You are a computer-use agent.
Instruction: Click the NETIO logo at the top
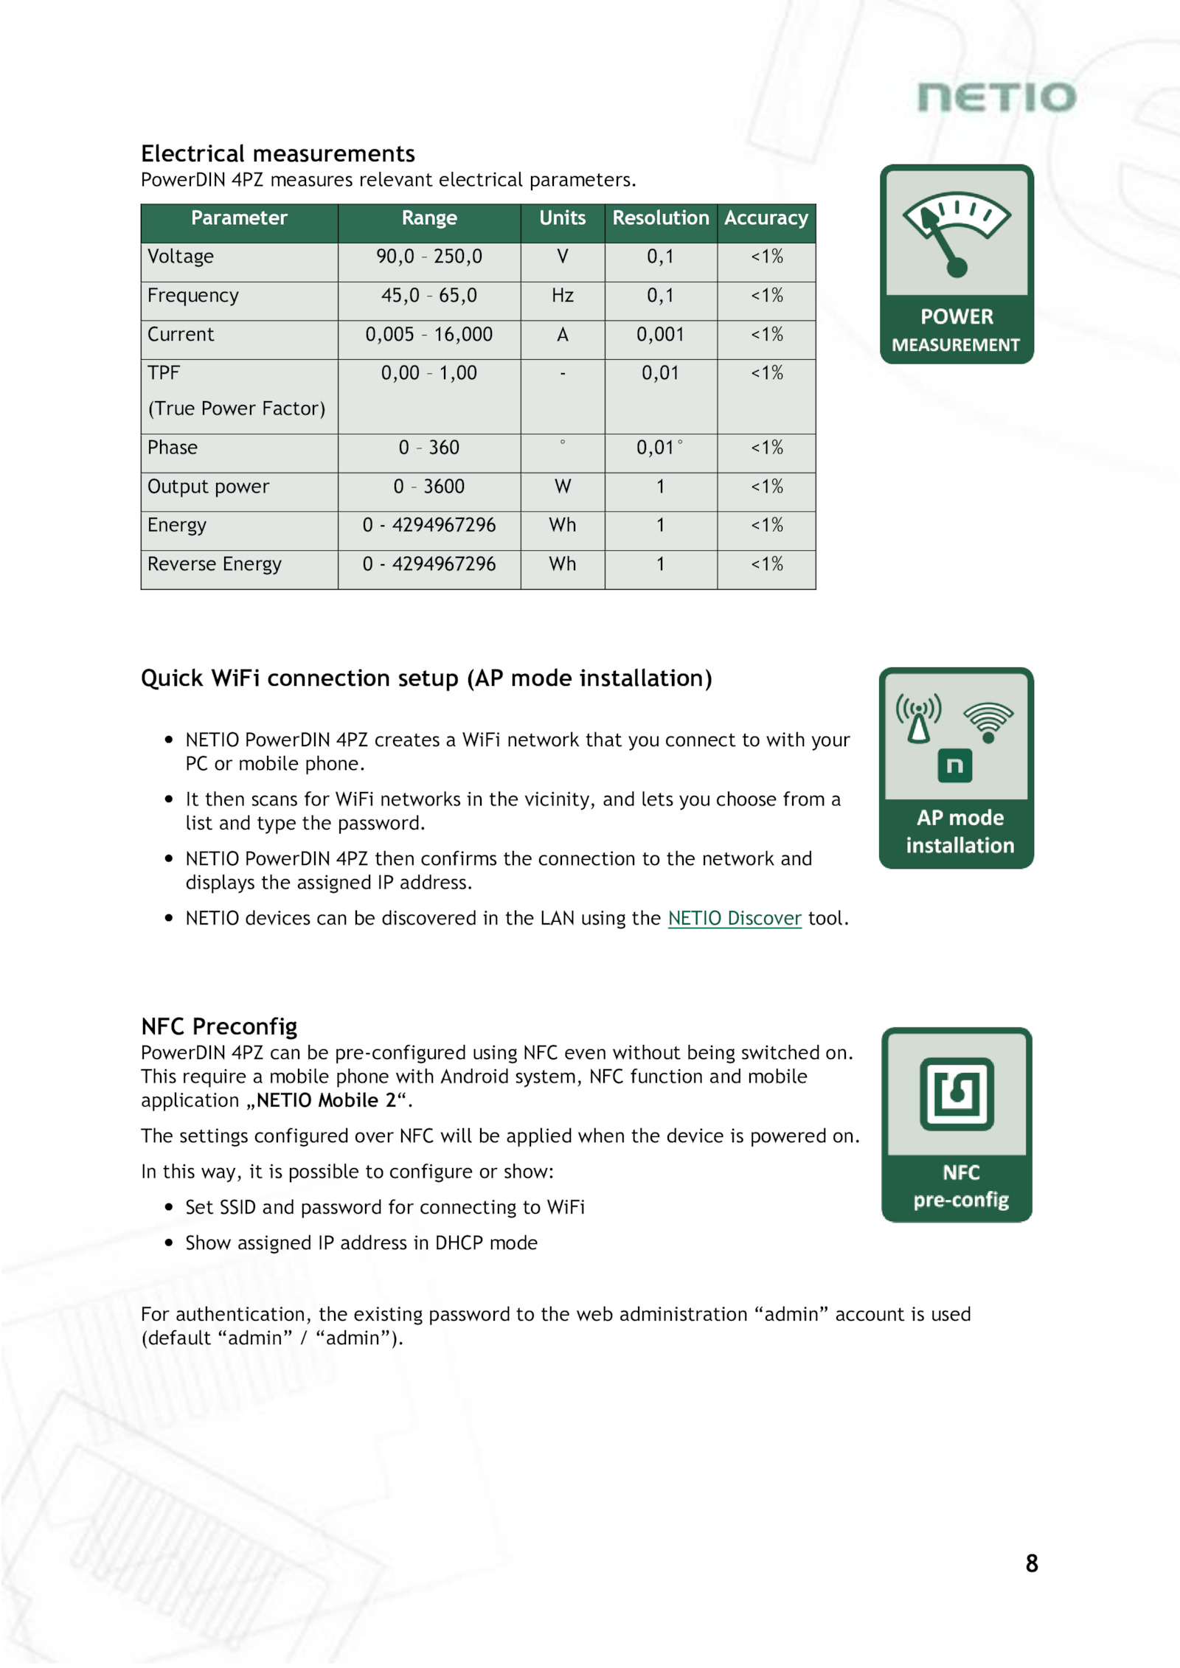996,98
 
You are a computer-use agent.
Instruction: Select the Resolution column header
660,218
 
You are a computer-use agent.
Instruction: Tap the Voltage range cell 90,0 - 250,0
429,257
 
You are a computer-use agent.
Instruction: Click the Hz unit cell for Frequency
562,296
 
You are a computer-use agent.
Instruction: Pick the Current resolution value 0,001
660,335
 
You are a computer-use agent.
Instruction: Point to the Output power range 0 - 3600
429,487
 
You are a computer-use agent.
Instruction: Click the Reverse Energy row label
214,564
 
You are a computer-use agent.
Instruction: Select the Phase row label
173,448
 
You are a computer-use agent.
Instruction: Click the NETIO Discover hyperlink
734,918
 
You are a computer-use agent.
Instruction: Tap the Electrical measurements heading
278,153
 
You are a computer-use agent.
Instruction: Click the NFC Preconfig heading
219,1026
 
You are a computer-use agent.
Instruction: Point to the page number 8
1031,1563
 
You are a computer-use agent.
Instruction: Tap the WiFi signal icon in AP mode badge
988,721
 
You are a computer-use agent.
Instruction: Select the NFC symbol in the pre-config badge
957,1094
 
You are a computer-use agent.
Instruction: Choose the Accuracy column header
766,218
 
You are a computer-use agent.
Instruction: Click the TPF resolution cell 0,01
660,373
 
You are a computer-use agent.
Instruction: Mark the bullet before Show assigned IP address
169,1243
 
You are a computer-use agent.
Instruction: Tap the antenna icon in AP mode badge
918,718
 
